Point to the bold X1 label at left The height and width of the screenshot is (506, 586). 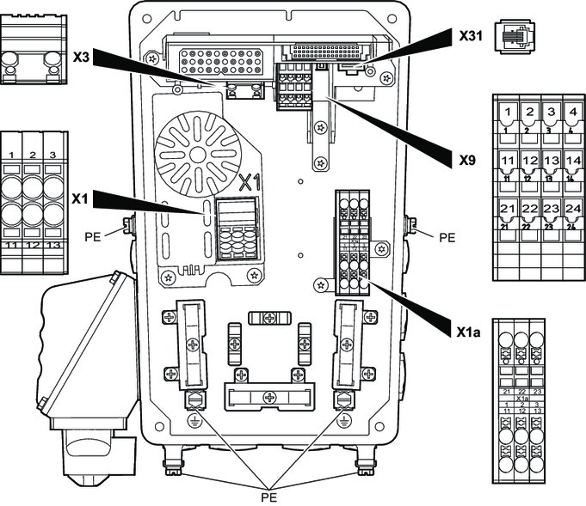[x=81, y=198]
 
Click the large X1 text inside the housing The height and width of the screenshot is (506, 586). [x=249, y=181]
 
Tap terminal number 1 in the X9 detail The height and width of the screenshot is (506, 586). [x=509, y=112]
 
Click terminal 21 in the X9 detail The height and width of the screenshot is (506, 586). [x=509, y=210]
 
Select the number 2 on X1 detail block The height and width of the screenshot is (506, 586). [x=33, y=155]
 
